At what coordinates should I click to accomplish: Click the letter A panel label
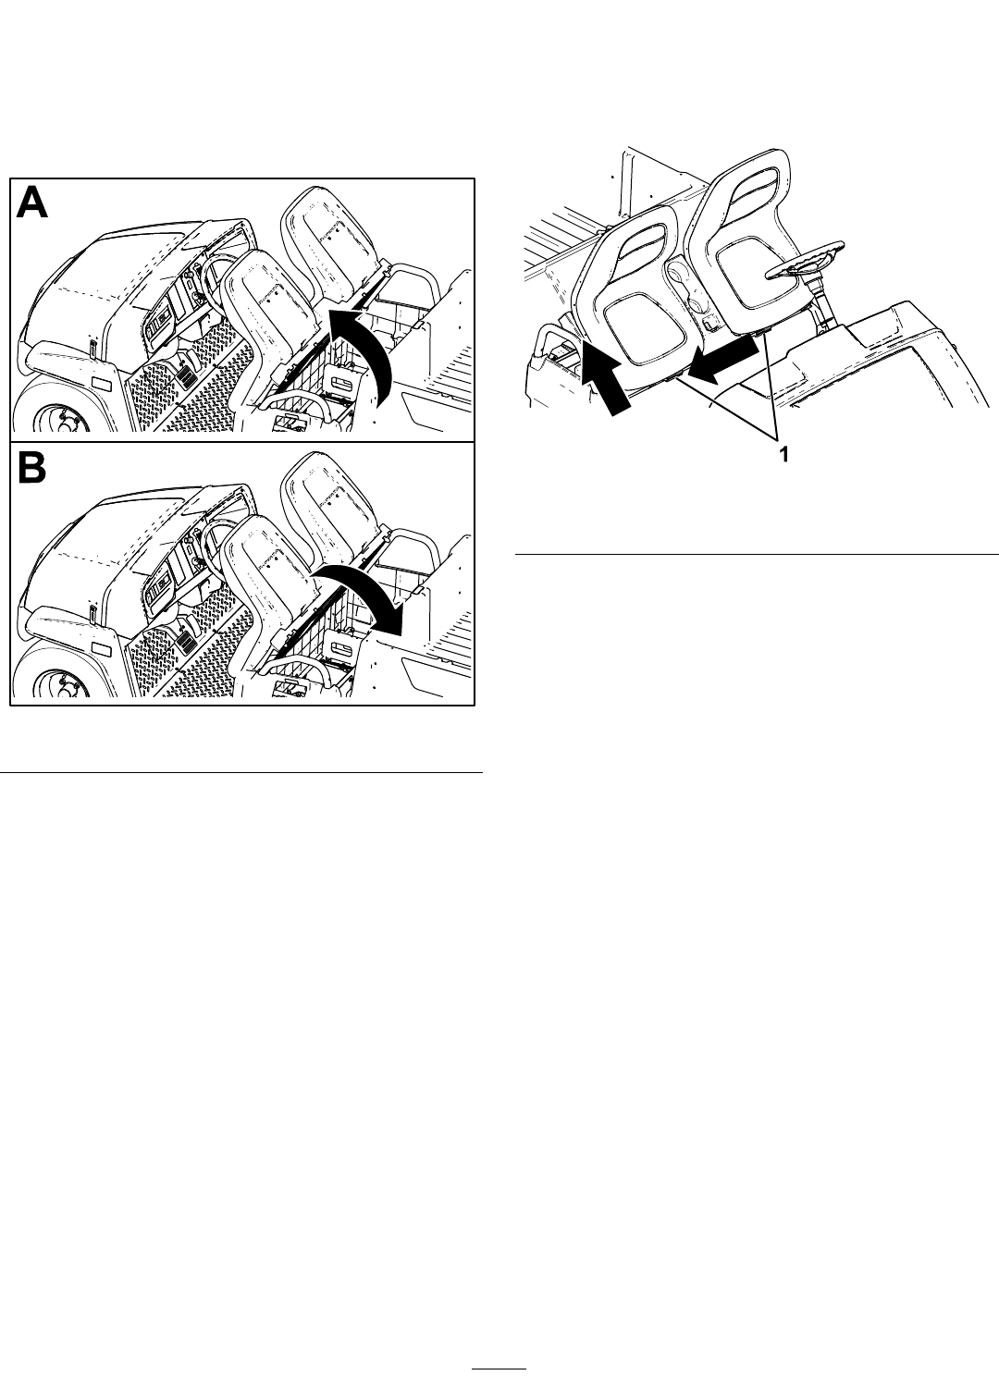(x=31, y=203)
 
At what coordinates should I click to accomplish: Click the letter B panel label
(x=31, y=466)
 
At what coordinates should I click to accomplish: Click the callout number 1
(x=783, y=455)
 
